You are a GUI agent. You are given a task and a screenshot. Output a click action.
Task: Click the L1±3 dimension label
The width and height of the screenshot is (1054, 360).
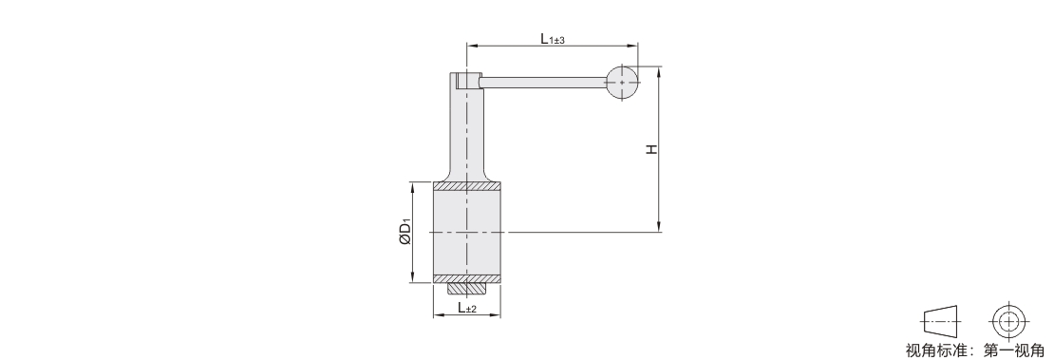click(553, 39)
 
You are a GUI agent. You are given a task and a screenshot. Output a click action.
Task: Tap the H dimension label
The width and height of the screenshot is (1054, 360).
click(651, 149)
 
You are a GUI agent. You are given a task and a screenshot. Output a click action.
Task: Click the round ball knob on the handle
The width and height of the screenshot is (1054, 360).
click(623, 82)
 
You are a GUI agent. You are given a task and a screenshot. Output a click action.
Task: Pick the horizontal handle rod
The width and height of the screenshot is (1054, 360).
click(543, 82)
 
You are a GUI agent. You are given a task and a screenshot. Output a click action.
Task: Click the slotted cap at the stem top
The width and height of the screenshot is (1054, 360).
click(466, 81)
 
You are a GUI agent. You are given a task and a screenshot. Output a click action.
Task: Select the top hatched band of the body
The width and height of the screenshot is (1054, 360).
click(466, 186)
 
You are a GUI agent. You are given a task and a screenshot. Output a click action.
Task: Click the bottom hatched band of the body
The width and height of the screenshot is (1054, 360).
click(466, 278)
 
